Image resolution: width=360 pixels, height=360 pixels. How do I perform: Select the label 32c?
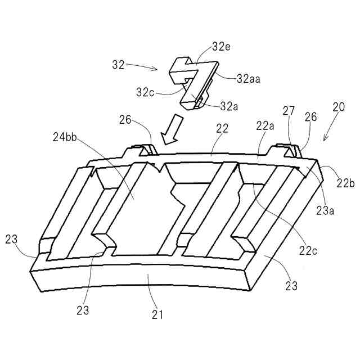click(x=145, y=91)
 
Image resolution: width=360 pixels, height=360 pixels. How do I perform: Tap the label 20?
click(x=339, y=107)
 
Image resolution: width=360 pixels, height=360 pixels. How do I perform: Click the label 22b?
click(x=345, y=183)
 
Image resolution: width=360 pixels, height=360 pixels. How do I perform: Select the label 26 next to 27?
click(x=310, y=118)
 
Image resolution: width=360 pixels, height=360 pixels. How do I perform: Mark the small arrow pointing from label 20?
click(x=330, y=133)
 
